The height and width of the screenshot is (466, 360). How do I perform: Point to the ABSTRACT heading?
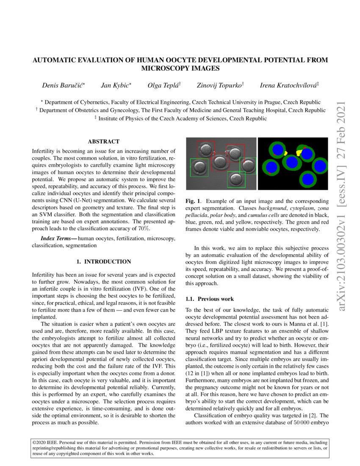tap(103, 141)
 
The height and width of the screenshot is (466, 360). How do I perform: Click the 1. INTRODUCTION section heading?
tap(103, 262)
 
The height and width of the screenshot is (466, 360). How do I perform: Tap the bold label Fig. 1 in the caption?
tap(193, 201)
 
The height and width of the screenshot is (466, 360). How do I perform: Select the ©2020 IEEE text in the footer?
tap(46, 442)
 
